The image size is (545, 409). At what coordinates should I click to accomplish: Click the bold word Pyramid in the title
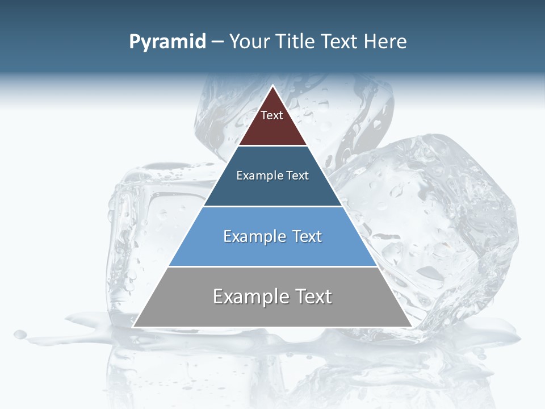167,42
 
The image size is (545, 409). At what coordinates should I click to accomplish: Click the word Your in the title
250,42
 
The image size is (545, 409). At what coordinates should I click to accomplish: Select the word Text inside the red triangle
272,115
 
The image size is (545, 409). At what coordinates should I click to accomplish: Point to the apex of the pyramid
273,86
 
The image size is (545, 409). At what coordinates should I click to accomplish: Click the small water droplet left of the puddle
20,334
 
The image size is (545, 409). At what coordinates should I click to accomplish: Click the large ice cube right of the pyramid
443,227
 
